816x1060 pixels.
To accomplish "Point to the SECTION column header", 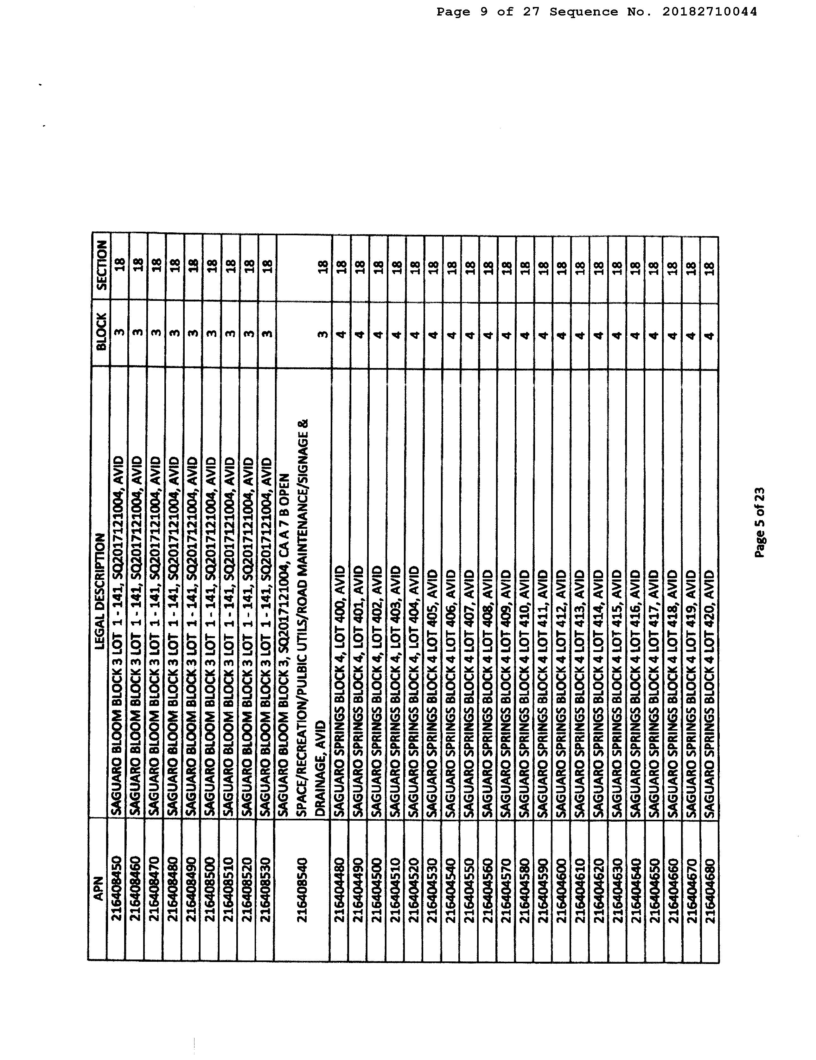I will pyautogui.click(x=101, y=265).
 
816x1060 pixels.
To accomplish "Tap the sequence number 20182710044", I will pyautogui.click(x=709, y=12).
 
